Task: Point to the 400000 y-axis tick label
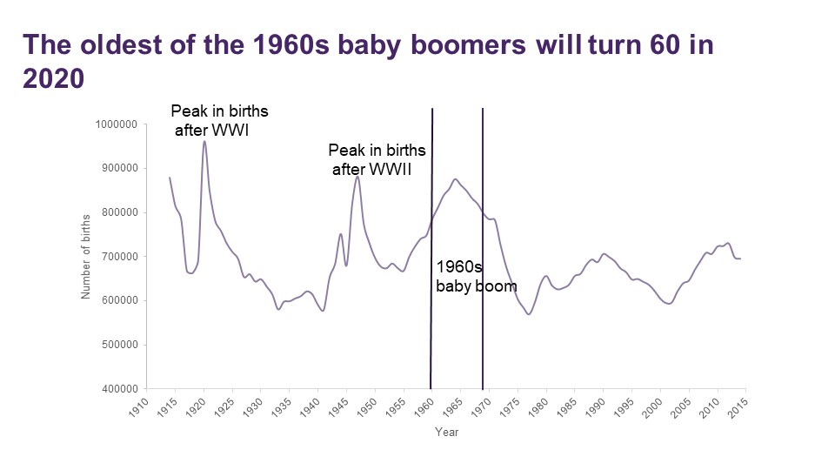tap(117, 388)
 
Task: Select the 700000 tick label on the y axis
tap(117, 257)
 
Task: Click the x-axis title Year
tap(447, 433)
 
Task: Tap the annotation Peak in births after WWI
tap(219, 121)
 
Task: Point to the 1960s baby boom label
tap(475, 276)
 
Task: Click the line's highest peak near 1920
tap(204, 141)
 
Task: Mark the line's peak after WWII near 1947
tap(357, 177)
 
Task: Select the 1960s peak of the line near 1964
tap(455, 179)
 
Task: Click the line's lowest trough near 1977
tap(528, 313)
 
